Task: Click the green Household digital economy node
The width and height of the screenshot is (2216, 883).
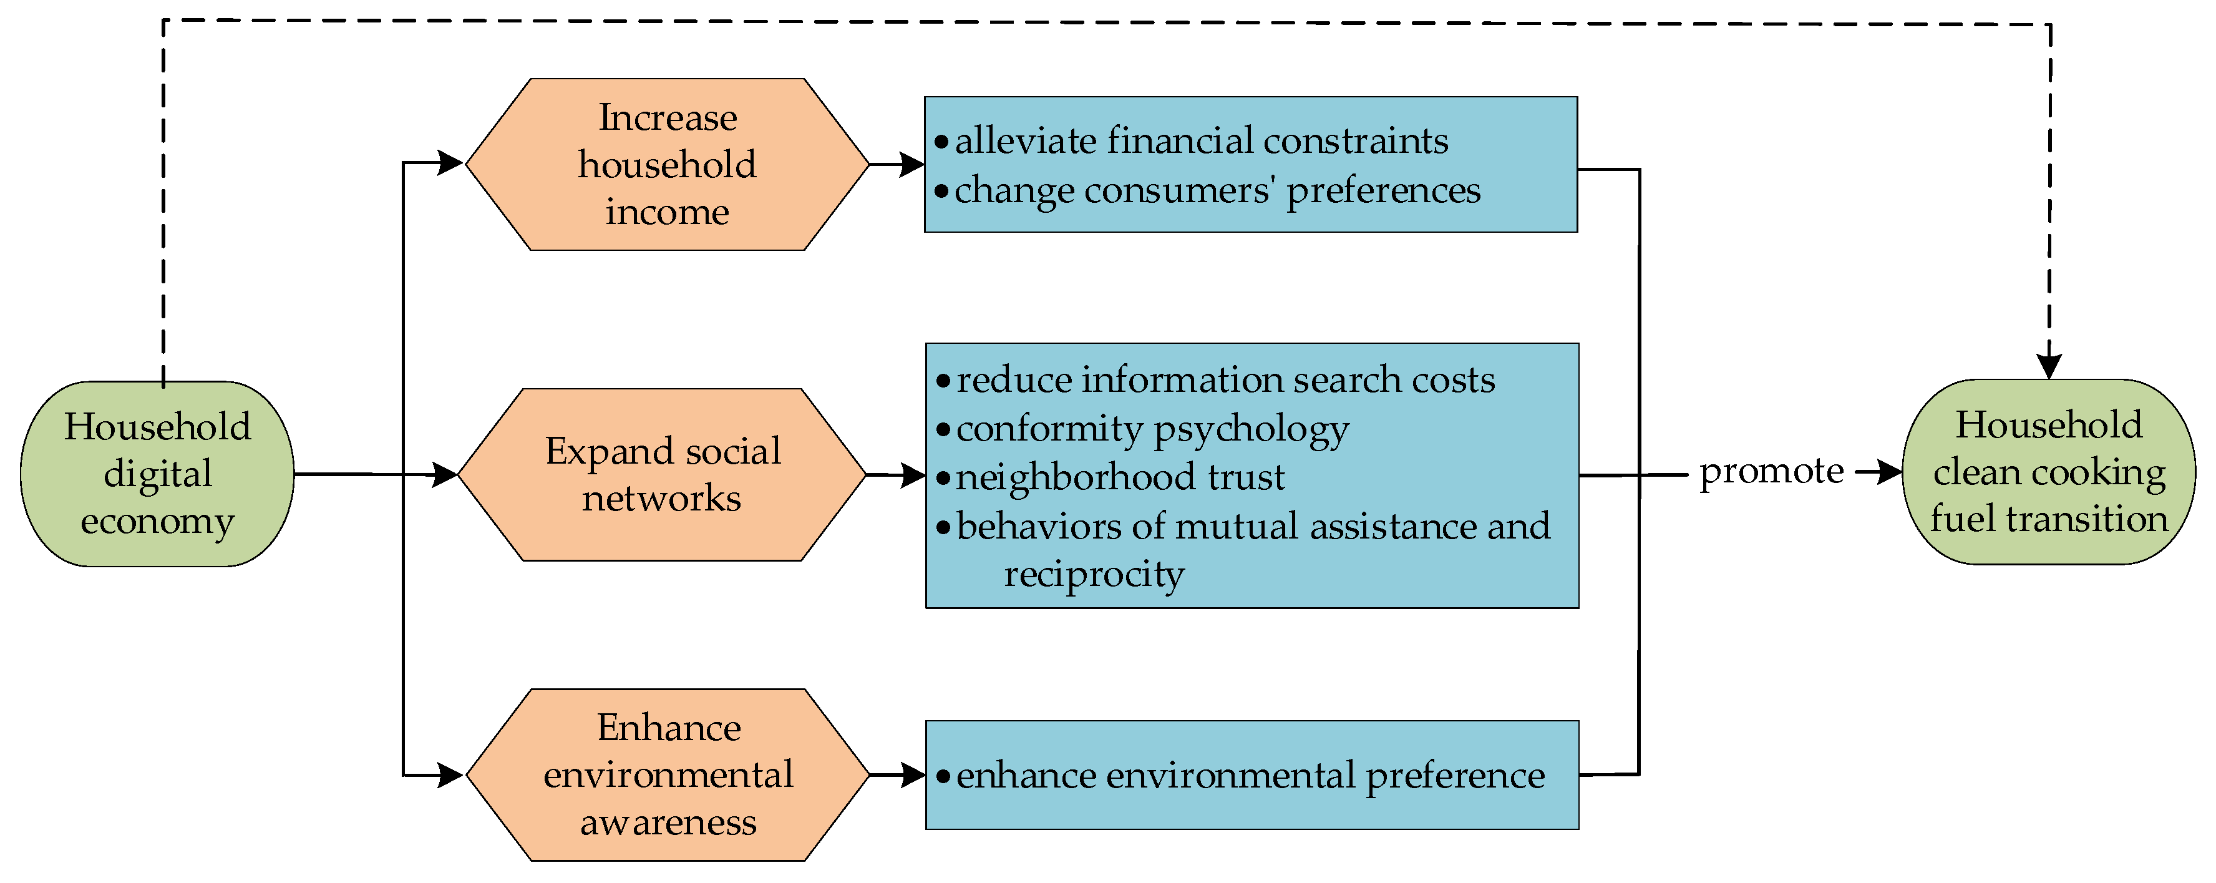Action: [x=157, y=474]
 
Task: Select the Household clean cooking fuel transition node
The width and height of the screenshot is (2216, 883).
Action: [x=2048, y=472]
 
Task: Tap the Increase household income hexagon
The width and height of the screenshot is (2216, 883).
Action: [x=667, y=164]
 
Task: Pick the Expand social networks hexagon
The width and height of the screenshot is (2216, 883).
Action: [x=663, y=474]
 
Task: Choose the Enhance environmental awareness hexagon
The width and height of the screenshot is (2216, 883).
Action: [x=668, y=774]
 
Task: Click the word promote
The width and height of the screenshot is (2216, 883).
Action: [x=1771, y=471]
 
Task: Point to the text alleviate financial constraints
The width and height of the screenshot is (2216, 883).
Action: [x=1201, y=140]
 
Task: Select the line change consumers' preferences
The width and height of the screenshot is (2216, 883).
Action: [x=1217, y=189]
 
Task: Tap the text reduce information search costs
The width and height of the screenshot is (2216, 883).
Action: [x=1225, y=379]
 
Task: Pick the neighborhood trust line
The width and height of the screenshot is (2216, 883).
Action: [x=1120, y=477]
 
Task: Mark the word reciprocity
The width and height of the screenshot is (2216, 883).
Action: [x=1094, y=573]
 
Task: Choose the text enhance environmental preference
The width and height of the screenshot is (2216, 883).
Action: [x=1250, y=776]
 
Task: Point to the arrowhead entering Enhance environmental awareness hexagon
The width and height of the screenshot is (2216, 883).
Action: [x=451, y=774]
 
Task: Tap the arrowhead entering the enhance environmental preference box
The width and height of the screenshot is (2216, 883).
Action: [x=913, y=774]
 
